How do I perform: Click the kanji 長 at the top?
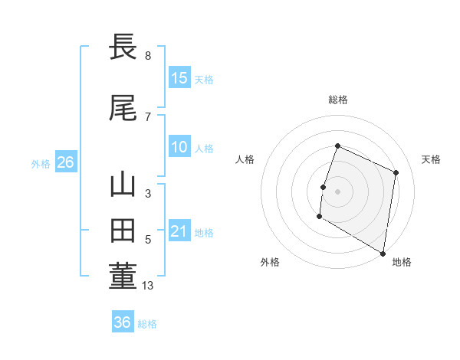[123, 47]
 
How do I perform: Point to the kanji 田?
[123, 231]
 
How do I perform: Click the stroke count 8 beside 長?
[148, 56]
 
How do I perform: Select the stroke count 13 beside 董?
[149, 286]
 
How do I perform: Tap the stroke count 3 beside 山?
[148, 194]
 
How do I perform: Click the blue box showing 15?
[179, 77]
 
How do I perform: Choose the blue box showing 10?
[179, 148]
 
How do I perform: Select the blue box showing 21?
[179, 231]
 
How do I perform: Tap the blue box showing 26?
[65, 162]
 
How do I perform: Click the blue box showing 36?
[122, 322]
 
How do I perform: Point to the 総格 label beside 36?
[147, 324]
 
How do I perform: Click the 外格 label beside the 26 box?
[41, 164]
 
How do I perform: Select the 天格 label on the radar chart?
[431, 159]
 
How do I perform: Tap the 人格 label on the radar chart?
[245, 159]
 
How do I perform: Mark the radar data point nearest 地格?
[383, 253]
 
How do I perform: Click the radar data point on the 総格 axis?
[337, 146]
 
